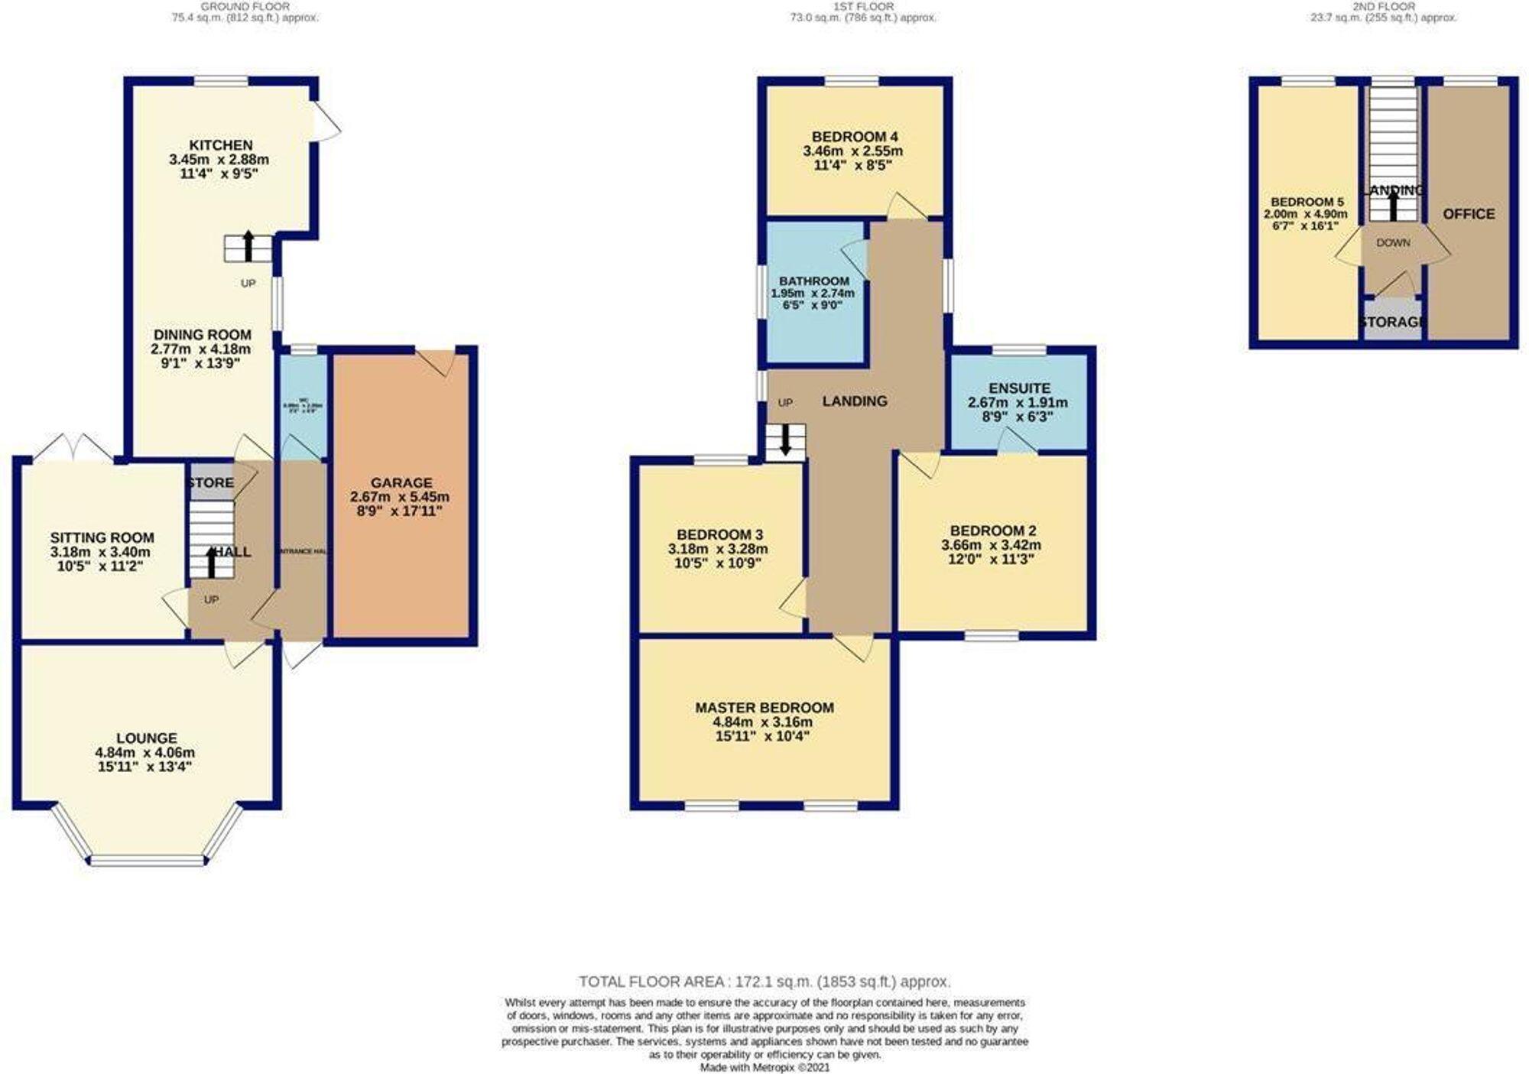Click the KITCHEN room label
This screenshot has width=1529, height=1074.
[x=220, y=145]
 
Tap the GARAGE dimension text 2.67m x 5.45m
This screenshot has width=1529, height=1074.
[x=400, y=497]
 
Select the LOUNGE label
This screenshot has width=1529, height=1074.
[x=147, y=738]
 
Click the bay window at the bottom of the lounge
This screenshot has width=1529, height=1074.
[x=148, y=861]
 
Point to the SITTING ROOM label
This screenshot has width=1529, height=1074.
[x=102, y=538]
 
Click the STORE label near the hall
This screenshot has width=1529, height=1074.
[x=210, y=483]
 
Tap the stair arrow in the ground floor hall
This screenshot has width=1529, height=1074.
[x=212, y=561]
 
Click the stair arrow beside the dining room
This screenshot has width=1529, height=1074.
[x=248, y=246]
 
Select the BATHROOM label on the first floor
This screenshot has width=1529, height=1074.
[x=813, y=281]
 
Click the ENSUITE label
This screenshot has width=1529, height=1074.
[x=1019, y=388]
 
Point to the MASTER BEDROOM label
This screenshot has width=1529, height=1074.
[x=764, y=708]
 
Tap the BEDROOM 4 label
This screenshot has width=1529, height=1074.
[x=854, y=137]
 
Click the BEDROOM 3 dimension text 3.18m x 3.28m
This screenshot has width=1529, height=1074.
[x=717, y=549]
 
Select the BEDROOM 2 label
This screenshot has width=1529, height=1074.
[x=992, y=531]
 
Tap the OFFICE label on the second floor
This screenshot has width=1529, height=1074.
[x=1468, y=214]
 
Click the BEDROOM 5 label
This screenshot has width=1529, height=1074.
[x=1307, y=203]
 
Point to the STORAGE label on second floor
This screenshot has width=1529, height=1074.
[x=1392, y=323]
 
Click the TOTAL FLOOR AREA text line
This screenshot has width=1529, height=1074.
[x=764, y=982]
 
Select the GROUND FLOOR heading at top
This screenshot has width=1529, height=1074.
[x=245, y=7]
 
